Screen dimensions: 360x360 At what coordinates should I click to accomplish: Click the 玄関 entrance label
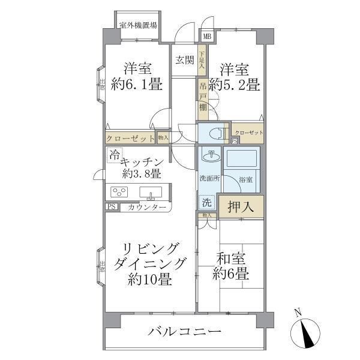click(184, 61)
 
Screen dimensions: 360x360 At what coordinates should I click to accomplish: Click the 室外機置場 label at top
click(137, 25)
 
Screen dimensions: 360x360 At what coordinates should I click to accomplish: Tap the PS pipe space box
click(111, 207)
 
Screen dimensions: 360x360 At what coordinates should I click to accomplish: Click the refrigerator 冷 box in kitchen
click(113, 154)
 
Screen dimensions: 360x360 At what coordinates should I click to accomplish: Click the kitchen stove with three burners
click(119, 193)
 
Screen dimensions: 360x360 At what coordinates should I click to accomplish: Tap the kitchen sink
click(151, 193)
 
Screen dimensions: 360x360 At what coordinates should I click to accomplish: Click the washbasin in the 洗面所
click(209, 157)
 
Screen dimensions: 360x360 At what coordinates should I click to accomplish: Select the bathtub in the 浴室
click(243, 161)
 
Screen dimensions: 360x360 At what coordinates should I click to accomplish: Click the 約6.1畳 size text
click(136, 85)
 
